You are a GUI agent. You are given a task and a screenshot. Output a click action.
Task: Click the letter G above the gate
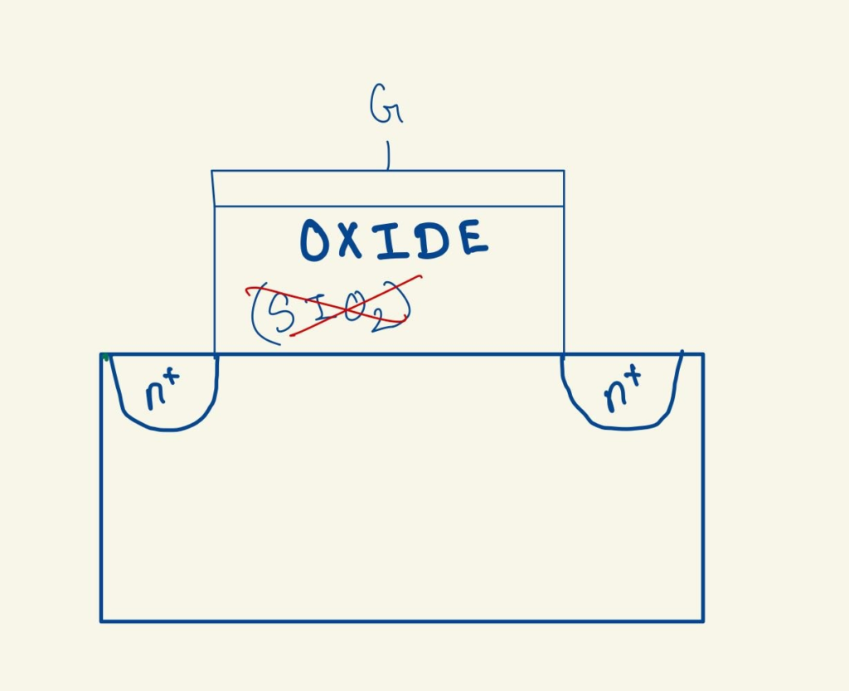[x=386, y=104]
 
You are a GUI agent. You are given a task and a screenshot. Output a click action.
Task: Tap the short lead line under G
[x=388, y=155]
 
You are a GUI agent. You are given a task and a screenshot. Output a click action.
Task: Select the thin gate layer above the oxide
[x=388, y=188]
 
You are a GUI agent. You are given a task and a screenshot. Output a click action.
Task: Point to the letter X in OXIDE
[x=350, y=240]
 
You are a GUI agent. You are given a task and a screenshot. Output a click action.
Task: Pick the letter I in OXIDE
[x=391, y=240]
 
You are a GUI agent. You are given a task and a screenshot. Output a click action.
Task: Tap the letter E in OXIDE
[x=471, y=237]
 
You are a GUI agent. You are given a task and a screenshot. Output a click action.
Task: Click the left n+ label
[x=162, y=389]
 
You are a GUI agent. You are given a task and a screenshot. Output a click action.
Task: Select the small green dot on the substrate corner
[x=105, y=357]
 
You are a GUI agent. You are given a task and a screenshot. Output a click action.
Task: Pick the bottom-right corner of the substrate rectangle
[x=703, y=621]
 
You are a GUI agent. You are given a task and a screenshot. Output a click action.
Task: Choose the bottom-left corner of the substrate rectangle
[x=100, y=621]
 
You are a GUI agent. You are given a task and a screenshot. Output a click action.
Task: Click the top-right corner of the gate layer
[x=564, y=171]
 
